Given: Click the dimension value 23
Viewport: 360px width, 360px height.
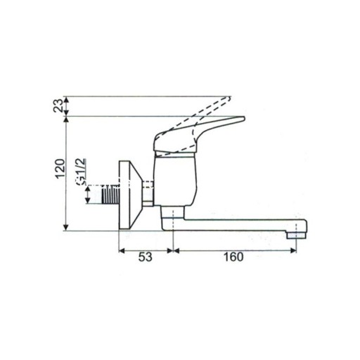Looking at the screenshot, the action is (x=59, y=105).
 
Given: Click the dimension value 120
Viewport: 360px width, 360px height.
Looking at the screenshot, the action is (x=60, y=169).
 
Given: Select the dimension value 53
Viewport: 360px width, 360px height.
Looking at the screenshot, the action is (x=146, y=257).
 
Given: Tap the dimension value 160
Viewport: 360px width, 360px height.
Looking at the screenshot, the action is (x=233, y=257).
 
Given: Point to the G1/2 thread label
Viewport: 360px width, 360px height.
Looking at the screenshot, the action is (x=82, y=172).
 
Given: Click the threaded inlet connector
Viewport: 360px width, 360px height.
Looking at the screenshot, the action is (x=110, y=194).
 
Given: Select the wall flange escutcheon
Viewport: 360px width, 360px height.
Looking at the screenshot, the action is (x=131, y=195).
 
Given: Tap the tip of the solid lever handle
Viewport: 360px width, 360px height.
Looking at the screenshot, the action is (x=244, y=118).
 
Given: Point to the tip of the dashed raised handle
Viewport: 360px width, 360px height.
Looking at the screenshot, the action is (x=230, y=97).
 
